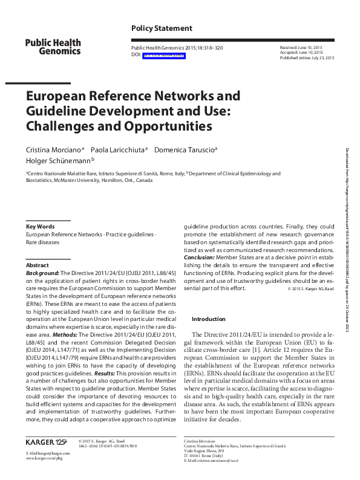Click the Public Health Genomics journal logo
click(53, 47)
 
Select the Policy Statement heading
click(162, 28)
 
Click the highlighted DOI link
click(164, 54)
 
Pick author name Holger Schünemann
click(57, 160)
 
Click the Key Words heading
click(40, 227)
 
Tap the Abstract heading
click(38, 265)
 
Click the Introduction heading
click(208, 319)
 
